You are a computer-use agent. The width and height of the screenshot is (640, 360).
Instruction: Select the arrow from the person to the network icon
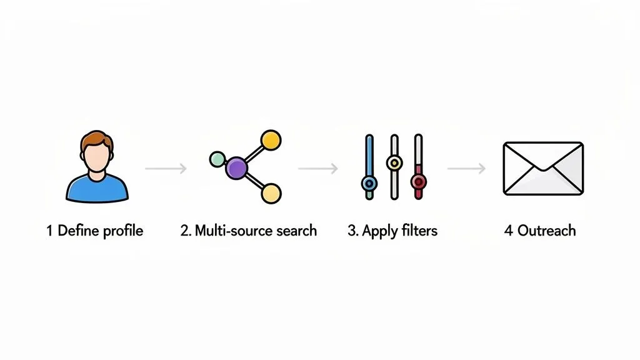(x=166, y=168)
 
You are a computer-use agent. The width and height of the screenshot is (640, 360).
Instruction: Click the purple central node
(x=237, y=167)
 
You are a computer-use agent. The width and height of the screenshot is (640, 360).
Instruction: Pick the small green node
(x=217, y=158)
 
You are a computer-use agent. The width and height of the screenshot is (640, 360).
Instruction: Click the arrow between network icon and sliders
(x=318, y=168)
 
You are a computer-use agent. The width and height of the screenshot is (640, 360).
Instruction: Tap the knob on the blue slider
(x=369, y=183)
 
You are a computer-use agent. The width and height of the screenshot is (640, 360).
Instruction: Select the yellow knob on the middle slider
(x=394, y=163)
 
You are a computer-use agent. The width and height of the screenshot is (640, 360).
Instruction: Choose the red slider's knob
(x=418, y=181)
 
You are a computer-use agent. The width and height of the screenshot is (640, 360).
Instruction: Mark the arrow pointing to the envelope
(x=466, y=168)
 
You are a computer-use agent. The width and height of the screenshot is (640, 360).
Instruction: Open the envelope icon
(x=543, y=168)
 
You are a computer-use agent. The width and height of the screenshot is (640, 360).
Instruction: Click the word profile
(x=123, y=231)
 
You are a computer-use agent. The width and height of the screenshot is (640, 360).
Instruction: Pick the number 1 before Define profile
(x=49, y=231)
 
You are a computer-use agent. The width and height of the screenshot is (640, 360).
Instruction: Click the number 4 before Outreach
(x=508, y=231)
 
